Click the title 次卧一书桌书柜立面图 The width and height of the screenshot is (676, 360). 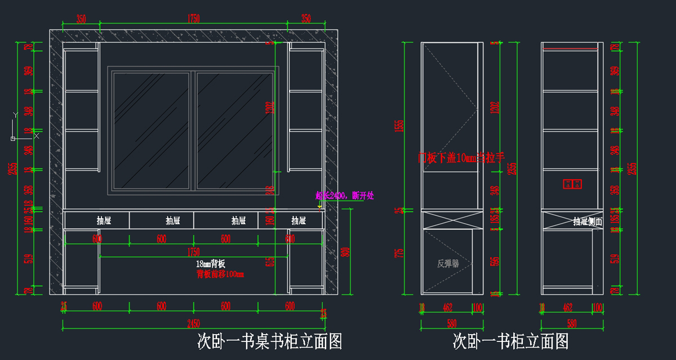269,341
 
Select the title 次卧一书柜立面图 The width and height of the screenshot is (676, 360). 510,341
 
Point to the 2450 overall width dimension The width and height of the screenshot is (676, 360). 193,325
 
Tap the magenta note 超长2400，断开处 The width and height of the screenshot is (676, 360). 344,196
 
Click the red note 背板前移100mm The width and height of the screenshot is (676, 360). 220,274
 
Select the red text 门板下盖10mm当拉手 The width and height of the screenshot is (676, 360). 460,158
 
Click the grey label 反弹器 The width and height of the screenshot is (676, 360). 448,263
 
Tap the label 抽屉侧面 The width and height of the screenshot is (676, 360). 588,222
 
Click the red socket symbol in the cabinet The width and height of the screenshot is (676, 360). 572,184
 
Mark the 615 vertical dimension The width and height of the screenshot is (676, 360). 270,262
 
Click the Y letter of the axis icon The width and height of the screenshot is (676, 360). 16,115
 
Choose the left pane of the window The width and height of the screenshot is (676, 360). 150,130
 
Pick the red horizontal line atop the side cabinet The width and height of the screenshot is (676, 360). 570,49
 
